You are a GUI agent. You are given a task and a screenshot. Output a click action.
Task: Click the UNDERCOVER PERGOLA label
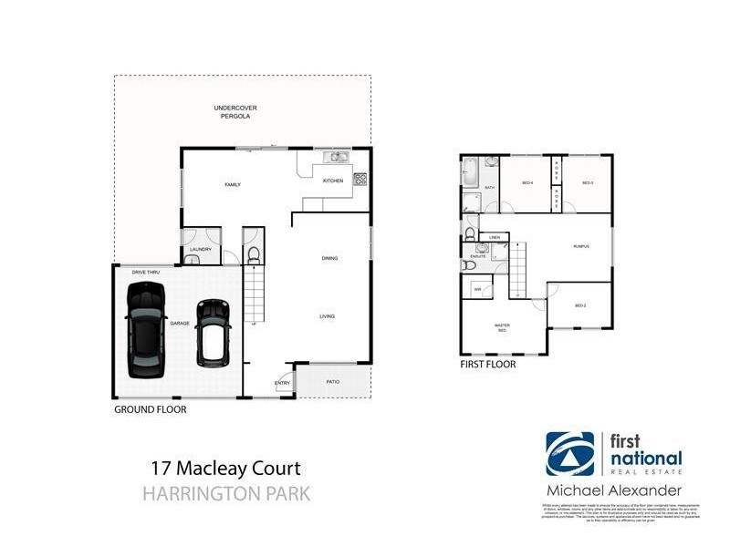(232, 112)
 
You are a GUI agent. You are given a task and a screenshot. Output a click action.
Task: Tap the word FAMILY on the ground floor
(233, 185)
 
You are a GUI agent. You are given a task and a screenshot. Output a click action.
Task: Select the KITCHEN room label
(333, 181)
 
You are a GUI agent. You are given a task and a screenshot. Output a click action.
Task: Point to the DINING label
(329, 258)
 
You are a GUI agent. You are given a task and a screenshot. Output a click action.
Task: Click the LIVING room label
(327, 316)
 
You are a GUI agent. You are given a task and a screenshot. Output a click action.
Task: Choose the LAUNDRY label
(201, 249)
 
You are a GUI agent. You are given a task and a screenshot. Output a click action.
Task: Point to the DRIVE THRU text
(146, 273)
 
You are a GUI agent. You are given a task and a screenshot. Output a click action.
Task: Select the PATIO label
(333, 381)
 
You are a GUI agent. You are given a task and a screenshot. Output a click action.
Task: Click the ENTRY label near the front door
(282, 384)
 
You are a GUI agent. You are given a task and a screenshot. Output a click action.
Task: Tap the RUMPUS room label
(581, 246)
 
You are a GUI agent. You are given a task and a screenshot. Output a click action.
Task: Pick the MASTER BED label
(501, 327)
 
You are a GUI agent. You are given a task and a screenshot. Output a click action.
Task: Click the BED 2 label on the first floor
(580, 305)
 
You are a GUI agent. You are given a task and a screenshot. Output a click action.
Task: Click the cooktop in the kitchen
(360, 179)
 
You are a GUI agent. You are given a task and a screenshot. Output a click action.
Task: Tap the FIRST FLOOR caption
(489, 365)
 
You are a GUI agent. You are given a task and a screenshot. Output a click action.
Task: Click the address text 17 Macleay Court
(224, 470)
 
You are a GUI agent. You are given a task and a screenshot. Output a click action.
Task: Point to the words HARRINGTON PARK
(226, 494)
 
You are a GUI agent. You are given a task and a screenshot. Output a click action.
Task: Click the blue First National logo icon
(570, 454)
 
